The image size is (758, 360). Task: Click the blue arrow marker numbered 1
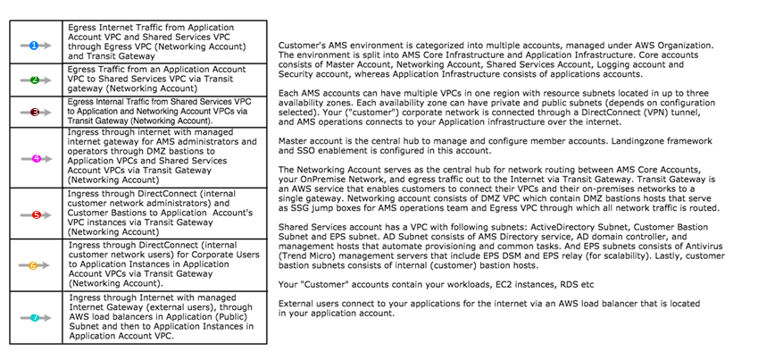pyautogui.click(x=34, y=42)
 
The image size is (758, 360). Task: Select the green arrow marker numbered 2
pyautogui.click(x=34, y=80)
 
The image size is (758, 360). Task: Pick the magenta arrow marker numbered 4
pyautogui.click(x=34, y=158)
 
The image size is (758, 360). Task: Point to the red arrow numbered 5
pyautogui.click(x=34, y=214)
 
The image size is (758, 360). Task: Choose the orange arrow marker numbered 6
pyautogui.click(x=34, y=265)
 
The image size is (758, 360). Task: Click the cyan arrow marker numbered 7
pyautogui.click(x=34, y=317)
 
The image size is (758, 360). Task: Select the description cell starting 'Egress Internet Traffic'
pyautogui.click(x=165, y=42)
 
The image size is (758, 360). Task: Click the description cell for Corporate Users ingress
pyautogui.click(x=165, y=265)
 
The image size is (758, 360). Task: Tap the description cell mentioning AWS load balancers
pyautogui.click(x=165, y=317)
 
